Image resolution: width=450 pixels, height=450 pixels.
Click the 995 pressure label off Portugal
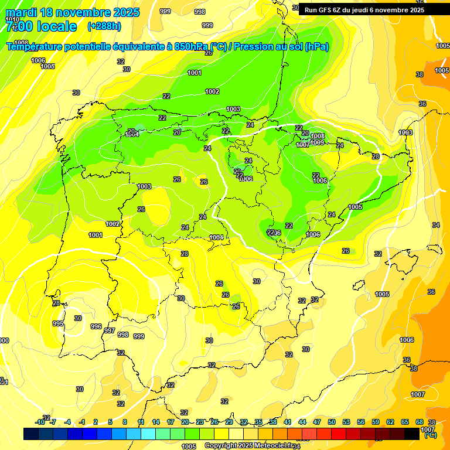[57, 323]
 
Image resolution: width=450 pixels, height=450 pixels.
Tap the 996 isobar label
[96, 327]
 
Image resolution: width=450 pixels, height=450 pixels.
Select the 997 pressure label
[110, 331]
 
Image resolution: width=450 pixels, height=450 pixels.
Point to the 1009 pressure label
[317, 142]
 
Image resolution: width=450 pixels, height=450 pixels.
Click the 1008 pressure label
[318, 137]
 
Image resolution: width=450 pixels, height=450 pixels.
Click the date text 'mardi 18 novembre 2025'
[73, 12]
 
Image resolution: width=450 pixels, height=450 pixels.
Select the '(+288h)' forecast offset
[104, 26]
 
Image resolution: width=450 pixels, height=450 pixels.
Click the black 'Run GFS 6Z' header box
[364, 10]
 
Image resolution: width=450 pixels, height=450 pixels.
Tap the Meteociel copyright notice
[248, 445]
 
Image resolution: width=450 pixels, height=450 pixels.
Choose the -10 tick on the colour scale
[40, 422]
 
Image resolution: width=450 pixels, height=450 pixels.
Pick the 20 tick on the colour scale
[185, 422]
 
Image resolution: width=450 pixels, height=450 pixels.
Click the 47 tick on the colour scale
[317, 422]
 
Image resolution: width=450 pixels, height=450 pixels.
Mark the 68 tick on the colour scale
[420, 422]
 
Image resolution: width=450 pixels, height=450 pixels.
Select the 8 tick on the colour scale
[125, 422]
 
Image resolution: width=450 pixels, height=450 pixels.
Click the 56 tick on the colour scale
[361, 422]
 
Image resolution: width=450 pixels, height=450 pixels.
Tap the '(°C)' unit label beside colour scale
[430, 435]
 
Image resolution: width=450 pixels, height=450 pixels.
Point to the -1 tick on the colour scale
[82, 422]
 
